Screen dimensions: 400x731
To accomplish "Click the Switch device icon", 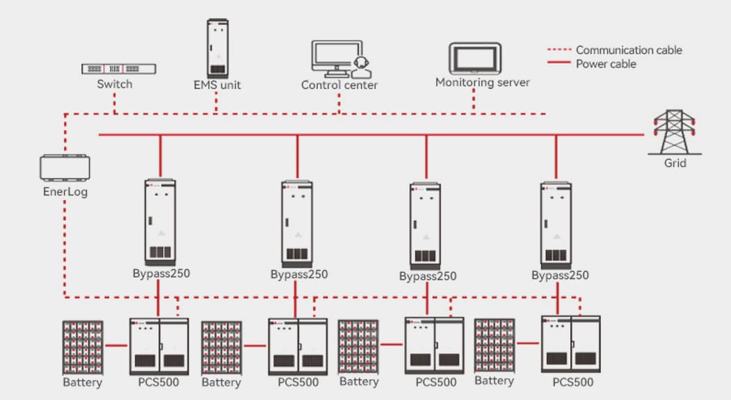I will tap(119, 69).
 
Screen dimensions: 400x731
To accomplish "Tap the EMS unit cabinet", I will tap(218, 48).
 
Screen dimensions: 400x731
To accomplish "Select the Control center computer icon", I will tap(338, 59).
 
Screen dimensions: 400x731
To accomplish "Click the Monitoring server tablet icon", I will tap(474, 59).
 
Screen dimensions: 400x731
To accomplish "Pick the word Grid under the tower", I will tap(675, 163).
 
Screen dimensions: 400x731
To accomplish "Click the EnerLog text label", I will tap(65, 191).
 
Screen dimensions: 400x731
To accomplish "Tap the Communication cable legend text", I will tap(629, 50).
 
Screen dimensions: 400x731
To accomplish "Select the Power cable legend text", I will tap(606, 64).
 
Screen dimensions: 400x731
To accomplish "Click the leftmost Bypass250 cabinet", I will tap(161, 223).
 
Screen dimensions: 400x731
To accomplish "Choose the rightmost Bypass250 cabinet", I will tap(556, 225).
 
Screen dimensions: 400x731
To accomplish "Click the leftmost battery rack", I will tap(83, 347).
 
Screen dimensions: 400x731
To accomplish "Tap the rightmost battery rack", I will tap(495, 345).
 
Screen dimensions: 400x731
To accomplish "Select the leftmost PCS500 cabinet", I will tap(159, 346).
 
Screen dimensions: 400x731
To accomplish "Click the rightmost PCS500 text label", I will tap(573, 382).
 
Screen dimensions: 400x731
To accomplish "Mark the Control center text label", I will tap(339, 86).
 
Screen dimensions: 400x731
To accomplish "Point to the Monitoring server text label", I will tap(483, 82).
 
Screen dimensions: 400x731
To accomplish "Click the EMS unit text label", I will tap(217, 86).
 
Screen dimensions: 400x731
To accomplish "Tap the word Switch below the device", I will tap(115, 84).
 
